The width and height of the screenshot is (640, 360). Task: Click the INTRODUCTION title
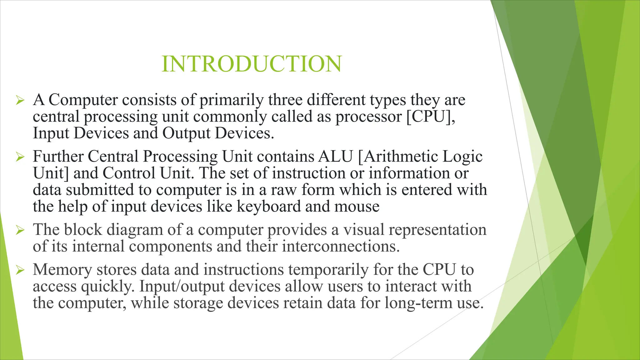coord(252,64)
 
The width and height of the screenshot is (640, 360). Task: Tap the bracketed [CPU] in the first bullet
coord(431,117)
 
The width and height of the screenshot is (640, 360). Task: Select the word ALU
coord(336,156)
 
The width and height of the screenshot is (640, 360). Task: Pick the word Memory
coord(62,270)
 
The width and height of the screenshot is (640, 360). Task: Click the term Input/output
coord(182,287)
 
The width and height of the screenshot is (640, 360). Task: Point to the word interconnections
coord(341,247)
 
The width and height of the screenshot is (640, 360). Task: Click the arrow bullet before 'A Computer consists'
coord(20,101)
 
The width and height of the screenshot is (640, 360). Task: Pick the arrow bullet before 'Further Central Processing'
coord(20,157)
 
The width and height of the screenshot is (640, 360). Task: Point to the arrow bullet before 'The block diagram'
coord(20,230)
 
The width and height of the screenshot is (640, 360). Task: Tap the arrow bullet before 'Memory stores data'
coord(20,270)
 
